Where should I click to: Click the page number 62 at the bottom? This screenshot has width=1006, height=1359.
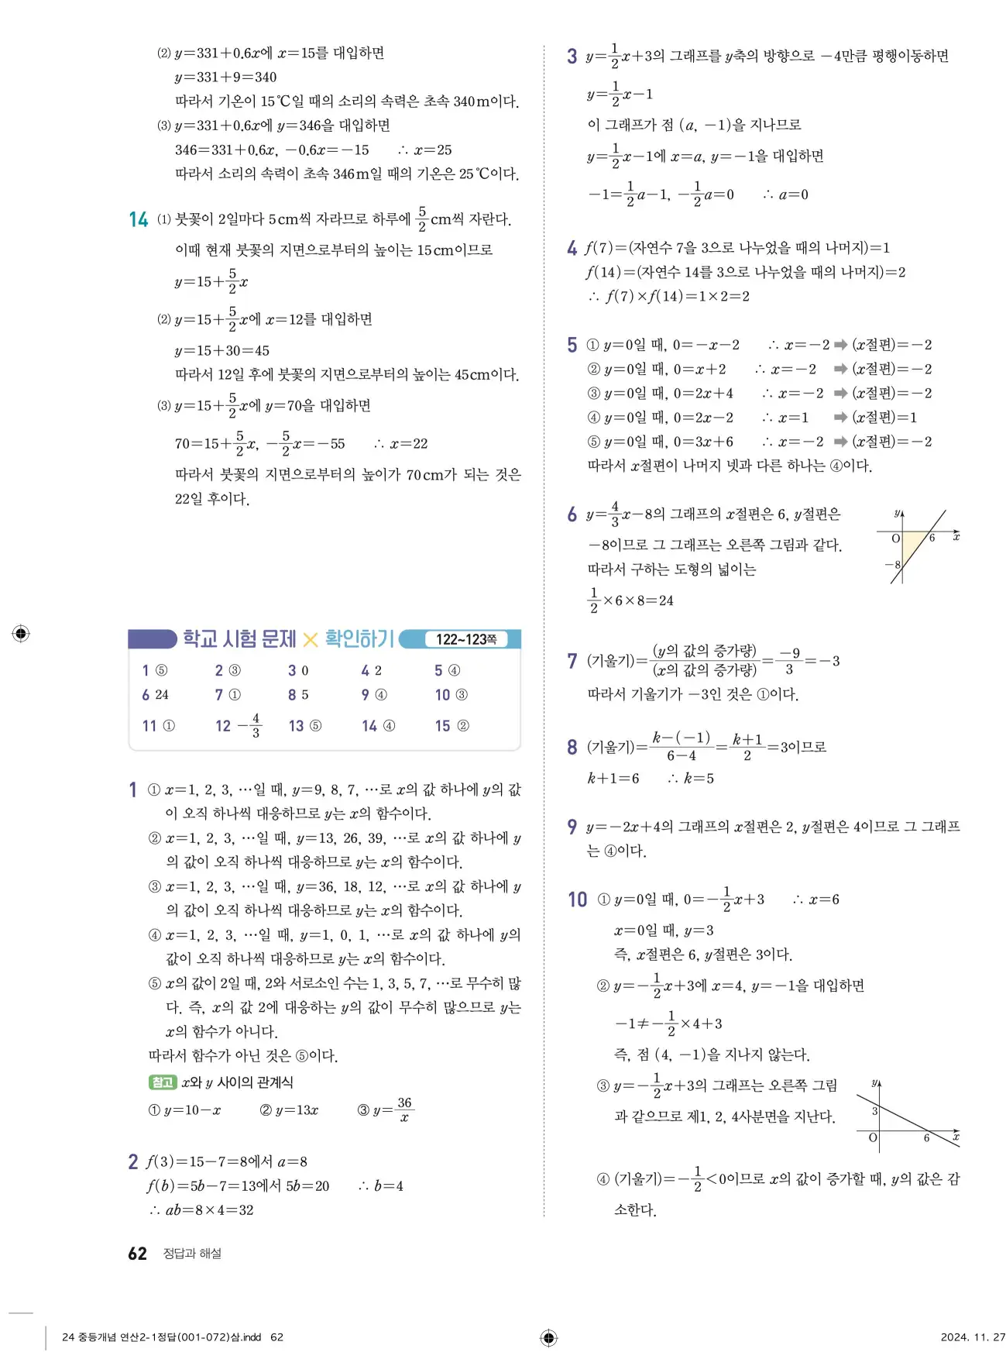click(137, 1254)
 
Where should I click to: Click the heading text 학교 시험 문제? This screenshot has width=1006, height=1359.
click(239, 638)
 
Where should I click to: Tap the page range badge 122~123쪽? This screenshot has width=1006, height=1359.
click(465, 639)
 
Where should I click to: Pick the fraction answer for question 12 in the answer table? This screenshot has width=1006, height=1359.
click(249, 726)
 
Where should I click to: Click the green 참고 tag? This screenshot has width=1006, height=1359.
click(162, 1082)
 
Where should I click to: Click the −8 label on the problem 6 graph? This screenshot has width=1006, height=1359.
click(893, 565)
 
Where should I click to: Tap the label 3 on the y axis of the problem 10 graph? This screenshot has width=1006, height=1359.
click(875, 1111)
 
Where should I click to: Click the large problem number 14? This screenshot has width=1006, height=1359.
click(139, 220)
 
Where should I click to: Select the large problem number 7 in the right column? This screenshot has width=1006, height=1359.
click(572, 661)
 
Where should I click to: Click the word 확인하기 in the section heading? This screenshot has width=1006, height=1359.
click(359, 638)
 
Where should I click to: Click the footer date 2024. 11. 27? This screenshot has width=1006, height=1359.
click(972, 1337)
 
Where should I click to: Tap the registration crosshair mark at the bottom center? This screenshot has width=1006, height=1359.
click(548, 1337)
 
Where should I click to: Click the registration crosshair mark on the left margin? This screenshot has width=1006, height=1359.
click(21, 633)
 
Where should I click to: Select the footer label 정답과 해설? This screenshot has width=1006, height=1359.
click(192, 1254)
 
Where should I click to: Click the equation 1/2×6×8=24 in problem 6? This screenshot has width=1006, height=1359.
click(630, 600)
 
